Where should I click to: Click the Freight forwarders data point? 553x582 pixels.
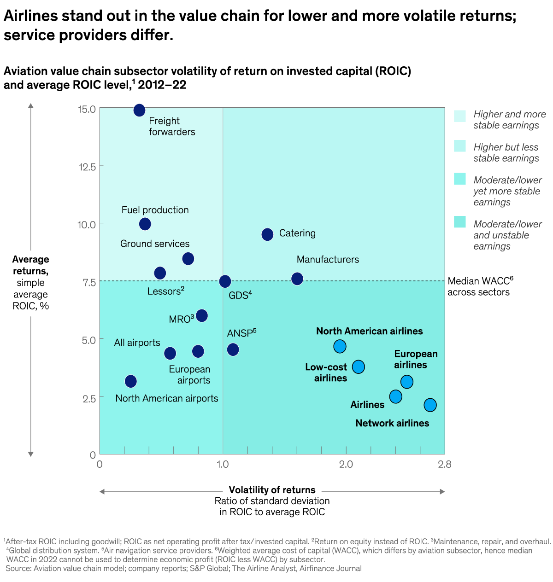tap(139, 111)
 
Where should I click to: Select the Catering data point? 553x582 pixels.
tap(267, 234)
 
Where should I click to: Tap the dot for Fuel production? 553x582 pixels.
tap(145, 224)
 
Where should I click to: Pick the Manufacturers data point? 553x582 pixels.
tap(297, 279)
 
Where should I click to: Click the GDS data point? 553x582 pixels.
tap(225, 281)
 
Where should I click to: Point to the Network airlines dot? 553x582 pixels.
tap(430, 405)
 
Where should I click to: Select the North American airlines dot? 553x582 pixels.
tap(340, 346)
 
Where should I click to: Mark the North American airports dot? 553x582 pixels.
tap(131, 381)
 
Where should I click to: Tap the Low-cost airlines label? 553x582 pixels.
tap(326, 372)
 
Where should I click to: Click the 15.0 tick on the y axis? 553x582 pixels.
tap(87, 109)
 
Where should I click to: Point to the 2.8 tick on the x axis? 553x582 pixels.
tap(445, 464)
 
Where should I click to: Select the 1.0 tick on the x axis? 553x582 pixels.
tap(223, 464)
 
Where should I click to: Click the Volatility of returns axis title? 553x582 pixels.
tap(272, 490)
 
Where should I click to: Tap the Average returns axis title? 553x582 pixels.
tap(30, 265)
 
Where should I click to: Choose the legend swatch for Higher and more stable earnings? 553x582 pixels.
tap(459, 116)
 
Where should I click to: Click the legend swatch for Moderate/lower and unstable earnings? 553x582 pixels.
tap(459, 222)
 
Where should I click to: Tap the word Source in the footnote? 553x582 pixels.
tap(18, 568)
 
